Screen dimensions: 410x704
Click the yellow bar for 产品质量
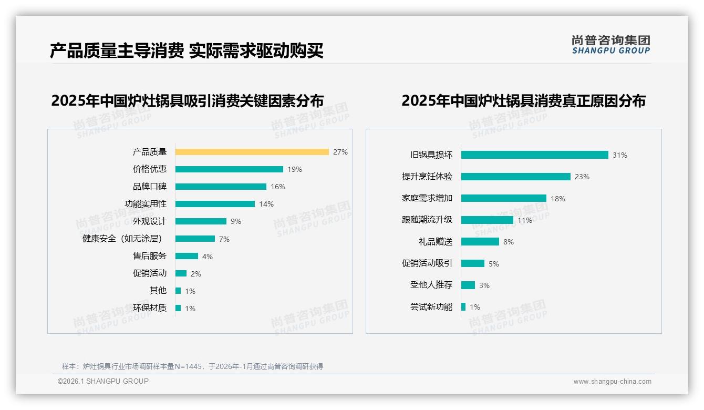click(252, 152)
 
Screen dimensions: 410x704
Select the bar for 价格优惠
click(229, 169)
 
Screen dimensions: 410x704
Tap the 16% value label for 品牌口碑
click(278, 187)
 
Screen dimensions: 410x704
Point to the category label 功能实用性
click(146, 204)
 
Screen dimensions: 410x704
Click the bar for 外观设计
click(201, 221)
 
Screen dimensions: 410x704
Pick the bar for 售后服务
click(187, 256)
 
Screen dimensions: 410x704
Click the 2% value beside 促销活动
click(196, 274)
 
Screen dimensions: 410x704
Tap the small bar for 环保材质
click(178, 308)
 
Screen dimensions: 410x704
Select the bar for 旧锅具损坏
click(534, 155)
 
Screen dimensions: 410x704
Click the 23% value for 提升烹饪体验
click(582, 177)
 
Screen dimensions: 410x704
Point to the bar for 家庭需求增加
click(503, 198)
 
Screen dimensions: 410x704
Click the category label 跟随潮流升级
click(427, 220)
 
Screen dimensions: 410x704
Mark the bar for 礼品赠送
click(480, 242)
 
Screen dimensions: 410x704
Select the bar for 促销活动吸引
click(472, 263)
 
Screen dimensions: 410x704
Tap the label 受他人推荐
click(431, 285)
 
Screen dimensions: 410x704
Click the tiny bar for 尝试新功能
click(463, 307)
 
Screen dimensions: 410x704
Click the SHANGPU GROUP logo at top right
click(611, 45)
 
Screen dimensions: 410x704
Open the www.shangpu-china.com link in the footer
click(612, 382)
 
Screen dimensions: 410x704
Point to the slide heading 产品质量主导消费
click(117, 51)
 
